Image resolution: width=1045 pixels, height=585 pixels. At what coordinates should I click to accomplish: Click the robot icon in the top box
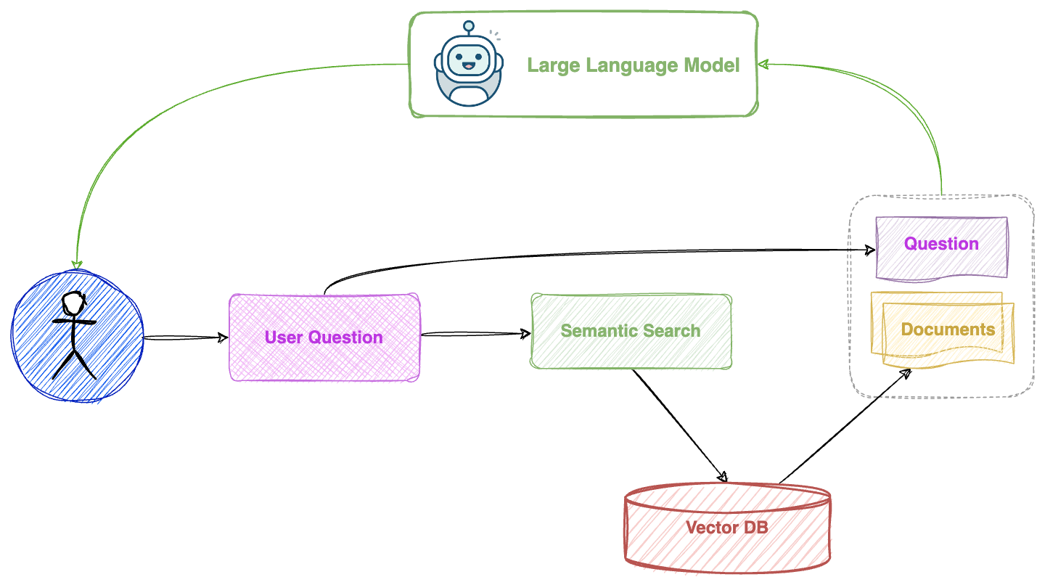468,64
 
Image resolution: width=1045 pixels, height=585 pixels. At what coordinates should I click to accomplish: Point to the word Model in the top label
716,65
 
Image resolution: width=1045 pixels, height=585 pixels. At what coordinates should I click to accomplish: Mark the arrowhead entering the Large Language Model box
763,65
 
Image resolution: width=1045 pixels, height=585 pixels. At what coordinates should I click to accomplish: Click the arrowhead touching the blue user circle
77,264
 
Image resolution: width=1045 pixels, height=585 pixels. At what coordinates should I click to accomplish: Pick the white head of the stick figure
72,303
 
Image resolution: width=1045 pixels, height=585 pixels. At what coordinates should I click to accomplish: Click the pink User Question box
324,337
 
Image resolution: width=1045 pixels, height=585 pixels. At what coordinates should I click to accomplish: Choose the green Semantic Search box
631,331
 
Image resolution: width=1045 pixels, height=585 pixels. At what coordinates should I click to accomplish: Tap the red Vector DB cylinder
727,527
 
